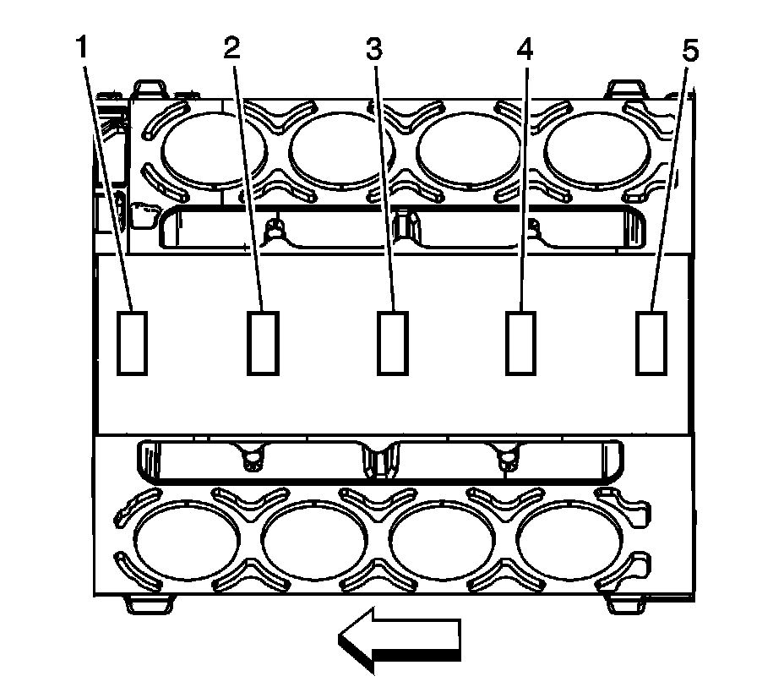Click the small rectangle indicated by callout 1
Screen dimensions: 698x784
[132, 342]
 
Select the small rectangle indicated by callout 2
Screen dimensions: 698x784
[262, 342]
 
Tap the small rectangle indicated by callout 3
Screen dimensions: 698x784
[392, 342]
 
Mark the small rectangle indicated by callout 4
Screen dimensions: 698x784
[521, 342]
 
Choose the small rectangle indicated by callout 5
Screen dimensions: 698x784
[651, 342]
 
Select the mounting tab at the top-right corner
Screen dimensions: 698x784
[630, 88]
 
